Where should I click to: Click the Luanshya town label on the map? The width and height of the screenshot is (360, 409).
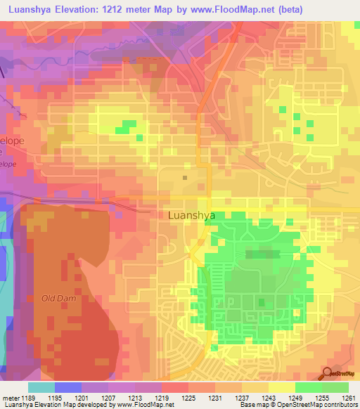192,216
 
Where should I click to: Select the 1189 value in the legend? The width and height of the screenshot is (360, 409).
29,397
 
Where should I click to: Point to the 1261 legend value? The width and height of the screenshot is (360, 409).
349,397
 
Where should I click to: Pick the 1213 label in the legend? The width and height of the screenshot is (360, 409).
136,397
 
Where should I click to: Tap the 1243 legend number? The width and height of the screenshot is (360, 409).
269,397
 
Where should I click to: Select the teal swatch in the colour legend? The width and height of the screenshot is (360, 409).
41,387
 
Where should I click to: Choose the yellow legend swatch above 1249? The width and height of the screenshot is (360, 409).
282,387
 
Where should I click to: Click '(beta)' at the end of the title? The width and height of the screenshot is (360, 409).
337,8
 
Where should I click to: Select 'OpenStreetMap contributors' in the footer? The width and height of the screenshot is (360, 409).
323,405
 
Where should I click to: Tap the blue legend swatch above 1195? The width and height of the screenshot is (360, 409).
68,387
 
